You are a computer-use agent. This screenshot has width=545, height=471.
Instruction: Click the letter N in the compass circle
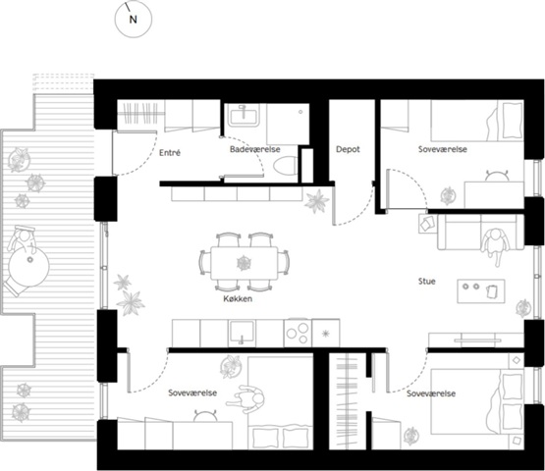(134, 20)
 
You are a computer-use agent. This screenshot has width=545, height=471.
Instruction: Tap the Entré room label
(170, 152)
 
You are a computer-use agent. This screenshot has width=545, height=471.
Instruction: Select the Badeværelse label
(254, 149)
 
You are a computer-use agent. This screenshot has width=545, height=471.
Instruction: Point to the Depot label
(348, 149)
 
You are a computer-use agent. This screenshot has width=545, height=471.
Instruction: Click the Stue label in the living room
(427, 281)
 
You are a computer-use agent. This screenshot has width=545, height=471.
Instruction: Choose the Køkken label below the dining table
(238, 298)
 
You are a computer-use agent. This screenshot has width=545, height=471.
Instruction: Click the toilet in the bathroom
(286, 165)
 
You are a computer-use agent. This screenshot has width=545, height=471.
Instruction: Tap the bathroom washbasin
(244, 116)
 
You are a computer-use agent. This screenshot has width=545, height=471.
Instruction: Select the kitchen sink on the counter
(242, 333)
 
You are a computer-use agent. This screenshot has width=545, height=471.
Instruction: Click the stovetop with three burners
(298, 333)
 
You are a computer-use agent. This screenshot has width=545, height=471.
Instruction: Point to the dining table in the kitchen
(244, 263)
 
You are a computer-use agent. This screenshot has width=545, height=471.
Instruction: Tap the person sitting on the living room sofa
(494, 243)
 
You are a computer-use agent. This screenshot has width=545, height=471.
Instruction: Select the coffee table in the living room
(481, 290)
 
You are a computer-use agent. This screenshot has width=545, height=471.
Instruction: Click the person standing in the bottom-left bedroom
(246, 398)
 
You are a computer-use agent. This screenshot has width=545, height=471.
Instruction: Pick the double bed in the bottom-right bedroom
(477, 401)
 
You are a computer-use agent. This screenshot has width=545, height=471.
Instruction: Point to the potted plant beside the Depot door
(316, 201)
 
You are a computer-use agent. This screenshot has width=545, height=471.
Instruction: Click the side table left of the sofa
(427, 224)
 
